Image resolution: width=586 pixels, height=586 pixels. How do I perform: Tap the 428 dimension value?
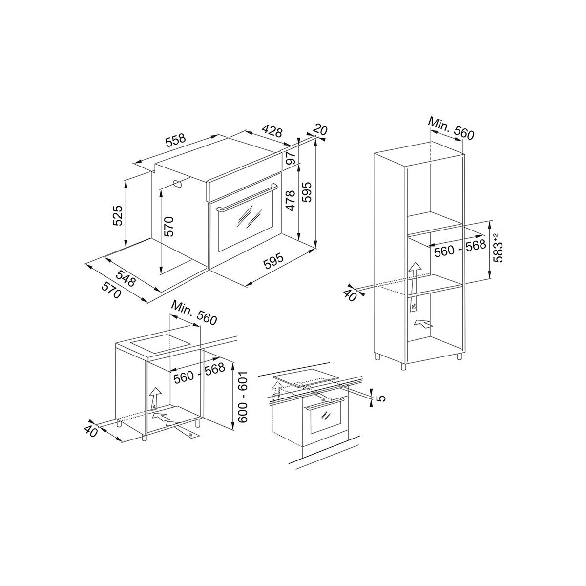tap(272, 130)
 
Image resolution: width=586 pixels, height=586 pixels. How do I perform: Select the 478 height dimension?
tap(291, 200)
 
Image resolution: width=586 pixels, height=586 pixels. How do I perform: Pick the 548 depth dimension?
tap(126, 277)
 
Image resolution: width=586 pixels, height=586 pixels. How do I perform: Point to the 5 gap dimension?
tap(382, 398)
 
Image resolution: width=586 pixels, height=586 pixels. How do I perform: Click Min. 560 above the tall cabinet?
tap(451, 128)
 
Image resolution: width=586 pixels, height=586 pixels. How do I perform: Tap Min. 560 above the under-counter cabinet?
tap(194, 313)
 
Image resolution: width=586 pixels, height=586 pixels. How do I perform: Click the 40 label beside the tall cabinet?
tap(350, 294)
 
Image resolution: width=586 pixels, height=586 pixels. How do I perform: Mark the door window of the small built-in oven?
tap(326, 419)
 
